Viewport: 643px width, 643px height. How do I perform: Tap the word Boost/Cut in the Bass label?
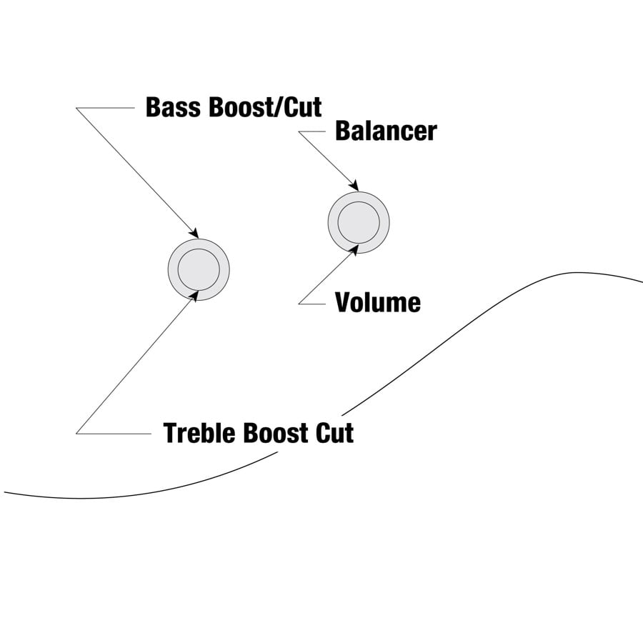(264, 107)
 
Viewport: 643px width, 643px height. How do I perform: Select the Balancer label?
(386, 131)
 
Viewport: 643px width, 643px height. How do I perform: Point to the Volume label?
(378, 303)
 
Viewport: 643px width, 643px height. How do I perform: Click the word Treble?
(201, 433)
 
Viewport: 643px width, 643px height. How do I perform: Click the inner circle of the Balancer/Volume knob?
(359, 221)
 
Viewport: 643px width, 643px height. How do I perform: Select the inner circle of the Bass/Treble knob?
(199, 269)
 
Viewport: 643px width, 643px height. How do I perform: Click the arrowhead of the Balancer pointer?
(354, 186)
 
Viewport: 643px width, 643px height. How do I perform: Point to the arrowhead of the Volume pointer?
(354, 249)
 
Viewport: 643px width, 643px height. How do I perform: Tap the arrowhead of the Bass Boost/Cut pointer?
(194, 234)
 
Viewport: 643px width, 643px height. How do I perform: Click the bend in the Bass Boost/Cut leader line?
(76, 108)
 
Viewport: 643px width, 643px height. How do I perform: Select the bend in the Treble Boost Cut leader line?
(76, 432)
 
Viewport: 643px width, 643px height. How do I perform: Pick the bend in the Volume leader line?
(299, 304)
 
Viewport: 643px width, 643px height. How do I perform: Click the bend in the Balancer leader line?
(299, 131)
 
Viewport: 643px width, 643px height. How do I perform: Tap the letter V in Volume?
(343, 303)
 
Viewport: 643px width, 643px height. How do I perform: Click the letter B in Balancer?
(342, 131)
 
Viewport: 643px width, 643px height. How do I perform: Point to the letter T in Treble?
(170, 433)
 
